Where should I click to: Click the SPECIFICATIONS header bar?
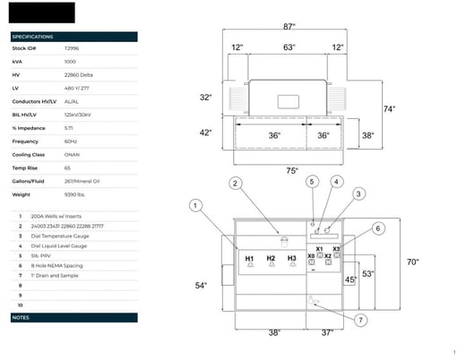[x=73, y=37]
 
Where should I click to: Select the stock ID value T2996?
[x=72, y=48]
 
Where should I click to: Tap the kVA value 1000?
[x=71, y=61]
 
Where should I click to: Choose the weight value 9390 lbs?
[x=76, y=193]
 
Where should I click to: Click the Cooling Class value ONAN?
[x=72, y=153]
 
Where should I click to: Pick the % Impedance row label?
[x=28, y=127]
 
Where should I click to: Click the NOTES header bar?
[x=73, y=318]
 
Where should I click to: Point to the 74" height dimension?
[x=389, y=109]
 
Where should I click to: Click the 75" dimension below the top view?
[x=291, y=170]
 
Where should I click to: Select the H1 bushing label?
[x=249, y=258]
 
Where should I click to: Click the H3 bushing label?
[x=291, y=258]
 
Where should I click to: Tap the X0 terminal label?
[x=311, y=256]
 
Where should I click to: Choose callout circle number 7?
[x=360, y=320]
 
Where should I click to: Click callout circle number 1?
[x=195, y=205]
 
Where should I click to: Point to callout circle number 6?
[x=378, y=228]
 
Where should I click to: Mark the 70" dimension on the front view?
[x=412, y=262]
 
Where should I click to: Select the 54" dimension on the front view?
[x=201, y=286]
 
